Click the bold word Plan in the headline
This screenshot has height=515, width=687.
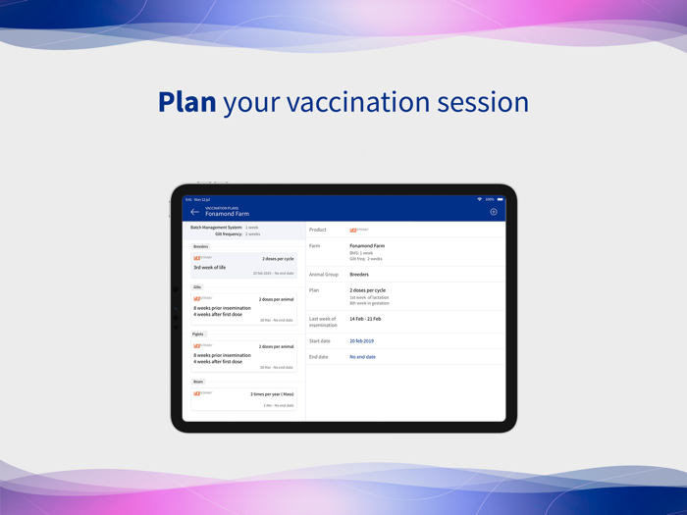[186, 102]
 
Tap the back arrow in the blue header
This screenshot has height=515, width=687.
[194, 212]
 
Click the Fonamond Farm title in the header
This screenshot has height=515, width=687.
[227, 214]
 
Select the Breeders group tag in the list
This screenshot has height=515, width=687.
[201, 246]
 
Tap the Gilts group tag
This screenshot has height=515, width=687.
[197, 287]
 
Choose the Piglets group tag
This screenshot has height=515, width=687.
[198, 335]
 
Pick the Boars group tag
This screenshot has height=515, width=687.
[198, 382]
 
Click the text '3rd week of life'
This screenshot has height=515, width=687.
[210, 267]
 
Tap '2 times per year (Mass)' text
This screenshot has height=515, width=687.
[272, 394]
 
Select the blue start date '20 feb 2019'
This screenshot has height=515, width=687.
[361, 341]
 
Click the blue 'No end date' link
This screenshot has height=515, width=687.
[362, 357]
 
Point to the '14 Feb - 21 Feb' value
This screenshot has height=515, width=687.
[365, 319]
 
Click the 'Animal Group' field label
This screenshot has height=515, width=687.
[324, 275]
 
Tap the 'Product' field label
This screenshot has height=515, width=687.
[318, 230]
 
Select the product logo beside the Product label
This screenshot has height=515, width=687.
[358, 230]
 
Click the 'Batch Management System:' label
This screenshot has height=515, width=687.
[216, 228]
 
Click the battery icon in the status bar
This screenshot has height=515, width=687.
[500, 199]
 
